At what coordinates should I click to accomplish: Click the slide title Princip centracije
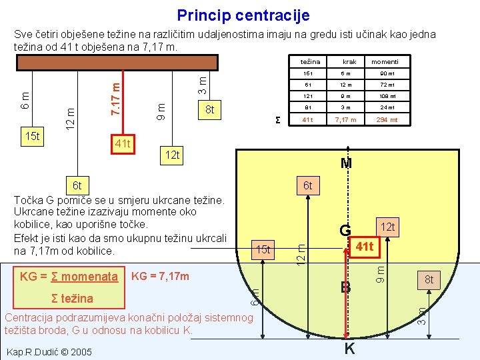pyautogui.click(x=243, y=15)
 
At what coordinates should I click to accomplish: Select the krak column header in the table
pyautogui.click(x=349, y=62)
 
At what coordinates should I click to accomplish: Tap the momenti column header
pyautogui.click(x=385, y=62)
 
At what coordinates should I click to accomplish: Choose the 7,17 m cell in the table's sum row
pyautogui.click(x=349, y=120)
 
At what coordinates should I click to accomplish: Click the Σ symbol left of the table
pyautogui.click(x=278, y=120)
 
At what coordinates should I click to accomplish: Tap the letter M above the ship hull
pyautogui.click(x=345, y=163)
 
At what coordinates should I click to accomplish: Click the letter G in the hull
pyautogui.click(x=345, y=231)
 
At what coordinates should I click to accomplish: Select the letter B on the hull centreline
pyautogui.click(x=345, y=288)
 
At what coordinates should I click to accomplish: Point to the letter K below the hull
pyautogui.click(x=349, y=349)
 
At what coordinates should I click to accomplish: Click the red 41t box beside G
pyautogui.click(x=364, y=247)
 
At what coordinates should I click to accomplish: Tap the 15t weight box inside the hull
pyautogui.click(x=263, y=249)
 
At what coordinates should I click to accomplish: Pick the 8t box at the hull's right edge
pyautogui.click(x=429, y=280)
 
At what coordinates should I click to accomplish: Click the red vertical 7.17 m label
pyautogui.click(x=115, y=97)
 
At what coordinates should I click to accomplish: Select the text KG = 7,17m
pyautogui.click(x=161, y=276)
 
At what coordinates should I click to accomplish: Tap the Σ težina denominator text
pyautogui.click(x=72, y=298)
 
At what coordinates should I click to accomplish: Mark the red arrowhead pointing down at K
pyautogui.click(x=345, y=336)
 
